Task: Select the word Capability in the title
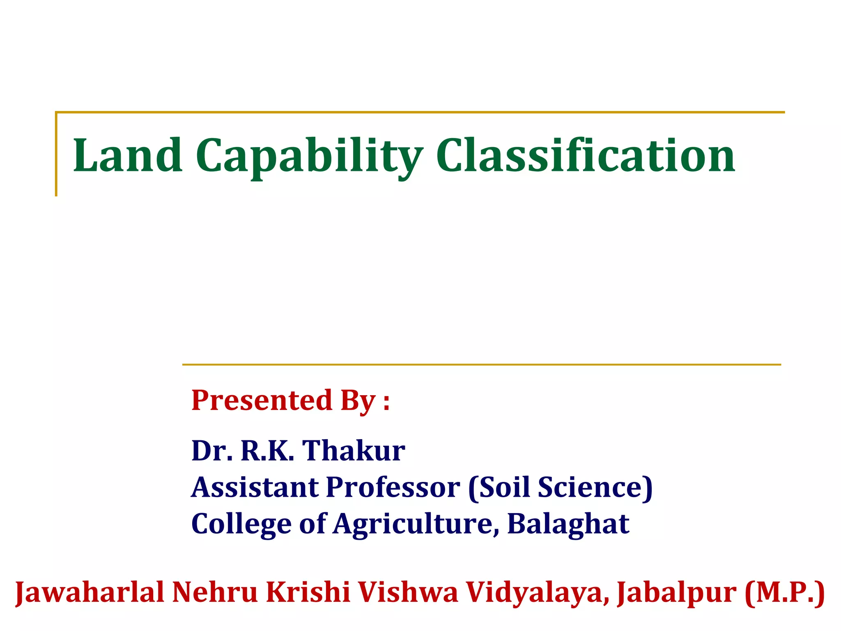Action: [x=309, y=156]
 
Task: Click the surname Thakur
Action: [x=354, y=451]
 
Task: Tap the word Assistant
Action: [x=255, y=487]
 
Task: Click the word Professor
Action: [x=393, y=487]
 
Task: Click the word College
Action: [x=241, y=524]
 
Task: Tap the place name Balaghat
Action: [x=568, y=523]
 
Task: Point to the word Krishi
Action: [x=308, y=592]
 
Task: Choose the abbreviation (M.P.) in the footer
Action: [x=784, y=592]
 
